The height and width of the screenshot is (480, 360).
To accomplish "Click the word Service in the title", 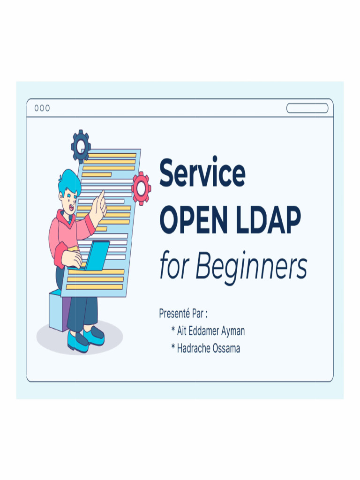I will [x=202, y=172].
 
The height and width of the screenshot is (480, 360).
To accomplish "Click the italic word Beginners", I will [x=251, y=267].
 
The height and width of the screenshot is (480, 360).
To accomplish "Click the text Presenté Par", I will [x=183, y=314].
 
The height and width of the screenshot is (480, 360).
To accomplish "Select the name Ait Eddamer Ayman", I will [x=210, y=331].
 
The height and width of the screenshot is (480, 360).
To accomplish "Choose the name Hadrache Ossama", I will [x=208, y=349].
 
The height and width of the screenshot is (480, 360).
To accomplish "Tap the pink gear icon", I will [x=141, y=188].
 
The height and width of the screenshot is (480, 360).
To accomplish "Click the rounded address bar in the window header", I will [x=307, y=108].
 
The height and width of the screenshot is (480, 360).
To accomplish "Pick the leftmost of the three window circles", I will [x=37, y=108].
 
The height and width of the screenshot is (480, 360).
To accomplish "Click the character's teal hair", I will [x=69, y=180].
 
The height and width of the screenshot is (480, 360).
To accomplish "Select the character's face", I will [x=69, y=201].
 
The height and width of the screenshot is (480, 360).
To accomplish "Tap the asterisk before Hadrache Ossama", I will [x=173, y=348].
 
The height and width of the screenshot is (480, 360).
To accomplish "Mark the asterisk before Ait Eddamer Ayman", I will [x=173, y=330].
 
